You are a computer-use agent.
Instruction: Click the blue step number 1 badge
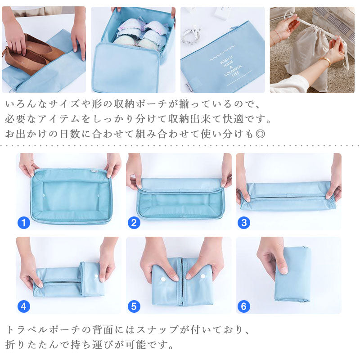24,223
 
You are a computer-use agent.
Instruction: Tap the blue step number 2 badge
134,223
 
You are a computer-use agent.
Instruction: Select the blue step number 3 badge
244,223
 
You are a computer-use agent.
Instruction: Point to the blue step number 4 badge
24,306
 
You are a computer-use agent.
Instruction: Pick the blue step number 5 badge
134,306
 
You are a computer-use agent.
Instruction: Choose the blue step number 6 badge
244,306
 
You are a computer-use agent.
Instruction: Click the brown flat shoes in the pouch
32,55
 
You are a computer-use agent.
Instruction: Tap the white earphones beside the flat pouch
190,36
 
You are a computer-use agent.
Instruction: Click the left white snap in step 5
163,279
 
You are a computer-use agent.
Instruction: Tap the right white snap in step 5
203,276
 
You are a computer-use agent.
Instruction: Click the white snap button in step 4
96,276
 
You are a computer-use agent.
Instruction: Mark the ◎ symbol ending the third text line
261,134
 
